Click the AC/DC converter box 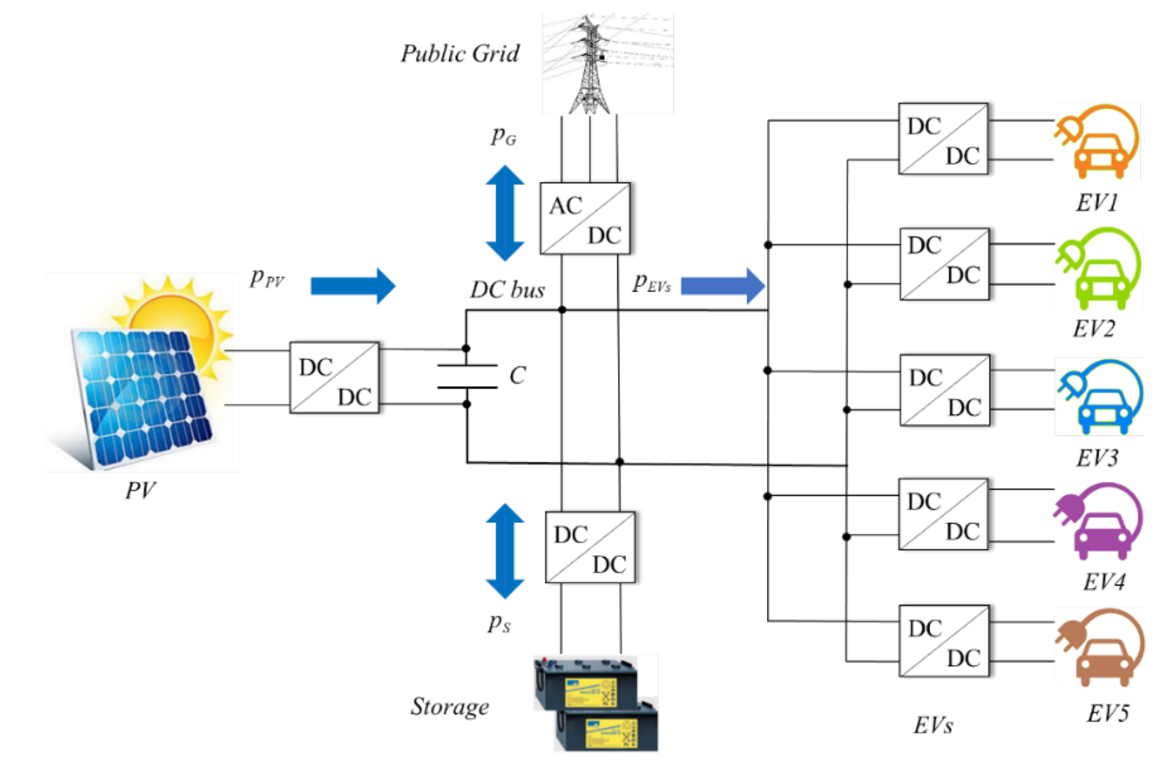coord(584,219)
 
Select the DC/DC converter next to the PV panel coord(334,377)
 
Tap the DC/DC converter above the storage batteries coord(590,547)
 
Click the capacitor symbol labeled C coord(467,376)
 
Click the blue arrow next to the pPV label coord(352,285)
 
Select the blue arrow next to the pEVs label coord(722,285)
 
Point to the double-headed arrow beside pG coord(505,213)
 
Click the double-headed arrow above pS coord(505,551)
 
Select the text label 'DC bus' coord(507,290)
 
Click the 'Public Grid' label coord(460,54)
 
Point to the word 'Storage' coord(450,707)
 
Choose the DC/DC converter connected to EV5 coord(943,641)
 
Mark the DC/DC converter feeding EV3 coord(944,391)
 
